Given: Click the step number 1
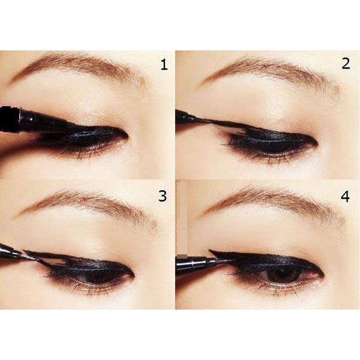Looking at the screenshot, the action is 164,65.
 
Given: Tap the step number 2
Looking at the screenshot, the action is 346,64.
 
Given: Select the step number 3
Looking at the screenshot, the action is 163,196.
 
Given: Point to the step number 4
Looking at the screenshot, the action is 346,197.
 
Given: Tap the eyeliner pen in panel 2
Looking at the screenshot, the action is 193,117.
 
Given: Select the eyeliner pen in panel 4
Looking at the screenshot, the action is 202,263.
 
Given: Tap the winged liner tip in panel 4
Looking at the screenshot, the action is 209,250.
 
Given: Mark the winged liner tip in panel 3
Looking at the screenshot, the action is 25,251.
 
